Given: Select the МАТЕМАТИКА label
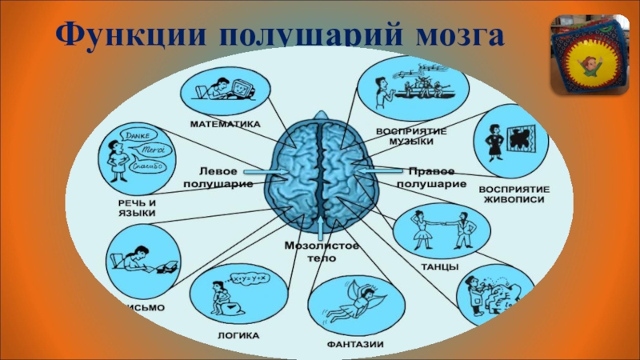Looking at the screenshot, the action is click(x=226, y=124).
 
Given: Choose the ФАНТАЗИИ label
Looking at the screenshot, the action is click(x=354, y=345).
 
